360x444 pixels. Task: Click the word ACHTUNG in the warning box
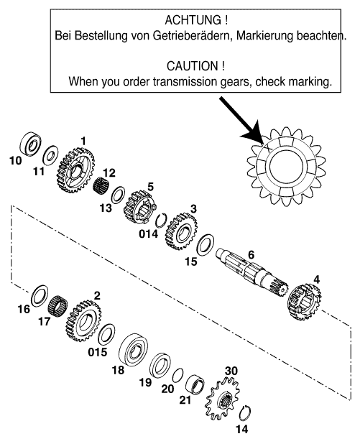[x=193, y=20]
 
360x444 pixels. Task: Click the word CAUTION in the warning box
[x=193, y=66]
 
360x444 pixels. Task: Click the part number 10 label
[x=16, y=160]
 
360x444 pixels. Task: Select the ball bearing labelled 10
[x=30, y=144]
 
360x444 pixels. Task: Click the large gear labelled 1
[x=75, y=170]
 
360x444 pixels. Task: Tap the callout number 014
[x=149, y=234]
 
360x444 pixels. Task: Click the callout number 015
[x=98, y=352]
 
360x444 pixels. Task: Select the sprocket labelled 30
[x=223, y=399]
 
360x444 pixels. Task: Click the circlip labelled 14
[x=245, y=415]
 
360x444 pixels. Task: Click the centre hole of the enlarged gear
[x=286, y=167]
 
